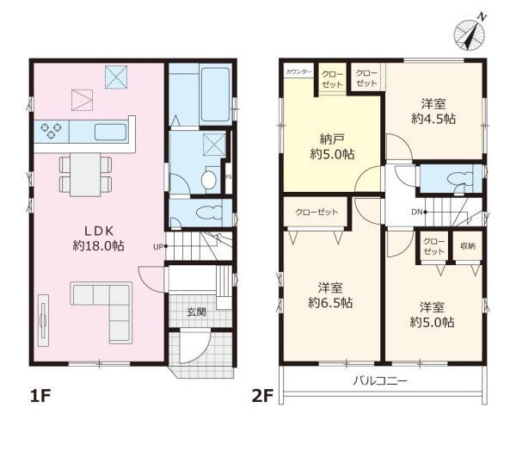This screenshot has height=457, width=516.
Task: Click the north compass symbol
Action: click(x=470, y=33)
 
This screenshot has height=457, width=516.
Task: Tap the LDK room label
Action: click(x=99, y=232)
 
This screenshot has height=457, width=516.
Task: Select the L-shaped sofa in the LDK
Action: click(x=101, y=312)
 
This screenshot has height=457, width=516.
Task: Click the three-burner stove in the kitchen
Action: click(x=52, y=130)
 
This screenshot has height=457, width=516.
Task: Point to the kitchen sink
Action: click(x=111, y=132)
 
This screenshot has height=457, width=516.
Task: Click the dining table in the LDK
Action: click(x=85, y=175)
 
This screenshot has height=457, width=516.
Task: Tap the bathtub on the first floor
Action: click(x=215, y=95)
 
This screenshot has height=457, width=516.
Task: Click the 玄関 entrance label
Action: click(x=196, y=312)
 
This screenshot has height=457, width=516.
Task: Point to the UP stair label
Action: click(x=158, y=246)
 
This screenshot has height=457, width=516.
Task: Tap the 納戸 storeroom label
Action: click(x=332, y=139)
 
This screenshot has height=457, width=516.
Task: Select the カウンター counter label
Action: click(x=298, y=71)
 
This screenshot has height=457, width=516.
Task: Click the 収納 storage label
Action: click(x=468, y=246)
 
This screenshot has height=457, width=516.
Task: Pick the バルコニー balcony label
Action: click(x=380, y=381)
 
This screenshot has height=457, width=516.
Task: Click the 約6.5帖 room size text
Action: click(x=330, y=302)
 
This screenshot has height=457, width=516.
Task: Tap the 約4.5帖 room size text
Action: click(x=433, y=119)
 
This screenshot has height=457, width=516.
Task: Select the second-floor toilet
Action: click(x=460, y=180)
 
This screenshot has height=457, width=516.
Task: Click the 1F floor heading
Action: click(x=40, y=396)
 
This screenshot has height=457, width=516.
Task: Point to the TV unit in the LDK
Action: click(x=43, y=320)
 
